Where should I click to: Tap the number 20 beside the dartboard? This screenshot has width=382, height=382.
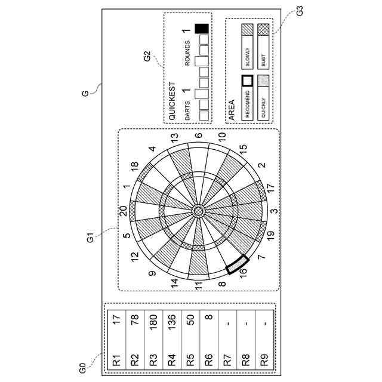pos(124,210)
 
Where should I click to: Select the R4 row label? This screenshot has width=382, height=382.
pos(171,360)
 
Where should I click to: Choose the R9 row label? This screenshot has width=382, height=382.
pos(263,360)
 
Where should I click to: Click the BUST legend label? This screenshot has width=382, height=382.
pos(263,60)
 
